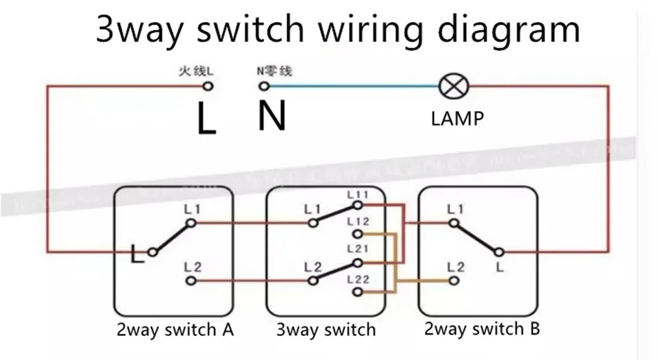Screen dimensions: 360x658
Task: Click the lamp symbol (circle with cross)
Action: click(x=452, y=86)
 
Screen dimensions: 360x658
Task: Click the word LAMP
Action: click(x=457, y=119)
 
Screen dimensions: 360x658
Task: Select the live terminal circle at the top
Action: click(x=208, y=86)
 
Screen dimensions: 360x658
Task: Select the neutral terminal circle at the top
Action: click(x=263, y=86)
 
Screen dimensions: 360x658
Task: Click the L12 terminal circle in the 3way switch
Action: click(x=357, y=234)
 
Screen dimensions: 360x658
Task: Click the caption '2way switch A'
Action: click(x=174, y=330)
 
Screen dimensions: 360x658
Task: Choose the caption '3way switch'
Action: click(x=326, y=330)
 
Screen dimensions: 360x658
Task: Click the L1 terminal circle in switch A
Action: click(x=193, y=223)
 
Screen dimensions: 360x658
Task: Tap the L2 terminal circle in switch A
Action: click(x=192, y=281)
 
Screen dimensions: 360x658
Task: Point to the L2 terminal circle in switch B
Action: click(x=452, y=281)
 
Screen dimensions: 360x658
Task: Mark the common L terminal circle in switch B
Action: click(x=500, y=252)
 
